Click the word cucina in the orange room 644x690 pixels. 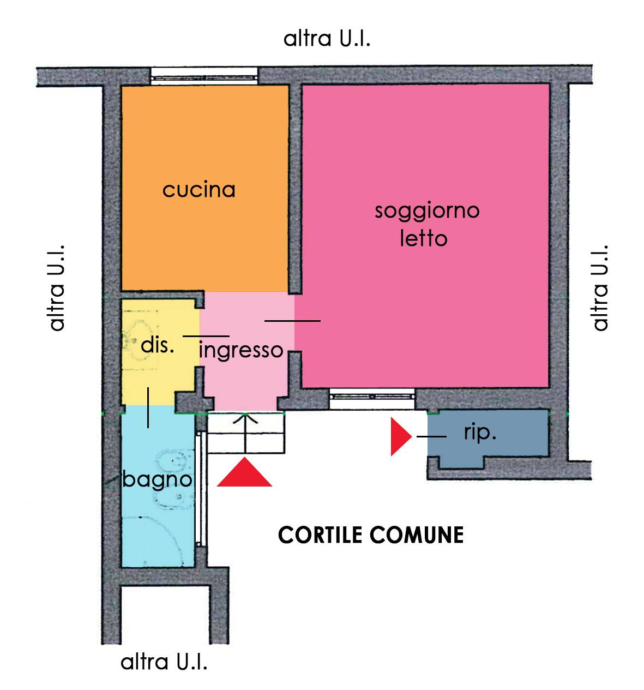[199, 190]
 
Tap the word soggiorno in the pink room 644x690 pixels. [426, 211]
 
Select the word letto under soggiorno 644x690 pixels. [423, 238]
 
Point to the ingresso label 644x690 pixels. [242, 349]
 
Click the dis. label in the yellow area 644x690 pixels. [157, 345]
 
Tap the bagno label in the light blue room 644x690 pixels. [157, 479]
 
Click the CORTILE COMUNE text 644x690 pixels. [371, 535]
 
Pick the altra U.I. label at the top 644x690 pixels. [327, 39]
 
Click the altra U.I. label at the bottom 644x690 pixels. [164, 662]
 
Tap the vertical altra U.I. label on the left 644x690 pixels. [57, 287]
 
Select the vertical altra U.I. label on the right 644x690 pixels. [599, 287]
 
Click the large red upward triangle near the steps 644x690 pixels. [244, 472]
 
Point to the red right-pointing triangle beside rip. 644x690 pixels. [400, 436]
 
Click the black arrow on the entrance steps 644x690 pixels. [245, 431]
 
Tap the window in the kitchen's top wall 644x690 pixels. [203, 75]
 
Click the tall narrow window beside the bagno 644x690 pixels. [201, 488]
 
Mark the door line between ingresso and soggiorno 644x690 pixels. [292, 321]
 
